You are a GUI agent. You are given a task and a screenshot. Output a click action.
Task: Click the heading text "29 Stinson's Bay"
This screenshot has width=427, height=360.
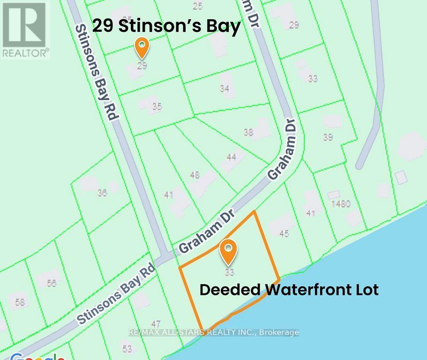point(166,26)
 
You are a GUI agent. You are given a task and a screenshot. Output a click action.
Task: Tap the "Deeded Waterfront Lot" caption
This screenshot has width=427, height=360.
point(289,289)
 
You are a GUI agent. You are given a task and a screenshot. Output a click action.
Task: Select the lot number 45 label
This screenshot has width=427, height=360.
point(284,233)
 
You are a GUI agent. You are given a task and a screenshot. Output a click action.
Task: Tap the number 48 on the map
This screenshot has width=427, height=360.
point(195,175)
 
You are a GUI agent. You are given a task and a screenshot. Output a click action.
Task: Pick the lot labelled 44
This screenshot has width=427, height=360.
point(231,157)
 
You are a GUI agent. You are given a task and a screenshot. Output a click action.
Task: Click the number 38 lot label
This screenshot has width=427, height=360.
point(248,132)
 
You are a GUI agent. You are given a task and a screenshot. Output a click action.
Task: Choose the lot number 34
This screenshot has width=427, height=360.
point(225,88)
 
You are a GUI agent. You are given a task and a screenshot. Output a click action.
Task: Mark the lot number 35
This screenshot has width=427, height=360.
point(157,107)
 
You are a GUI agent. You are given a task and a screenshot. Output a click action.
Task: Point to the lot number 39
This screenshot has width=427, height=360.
point(328,137)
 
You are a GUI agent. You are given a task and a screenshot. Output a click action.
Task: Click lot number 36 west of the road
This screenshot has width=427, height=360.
point(102,192)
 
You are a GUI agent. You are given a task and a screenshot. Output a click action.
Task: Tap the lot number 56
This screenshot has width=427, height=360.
point(52,283)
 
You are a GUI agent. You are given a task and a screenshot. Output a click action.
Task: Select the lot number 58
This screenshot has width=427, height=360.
point(19,302)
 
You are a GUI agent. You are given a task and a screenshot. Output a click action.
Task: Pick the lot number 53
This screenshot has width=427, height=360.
point(127,349)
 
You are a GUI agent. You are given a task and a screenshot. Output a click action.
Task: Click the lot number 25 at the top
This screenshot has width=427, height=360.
point(197,6)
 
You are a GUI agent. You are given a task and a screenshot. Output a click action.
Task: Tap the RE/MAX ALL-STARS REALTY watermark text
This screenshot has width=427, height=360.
point(213,332)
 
